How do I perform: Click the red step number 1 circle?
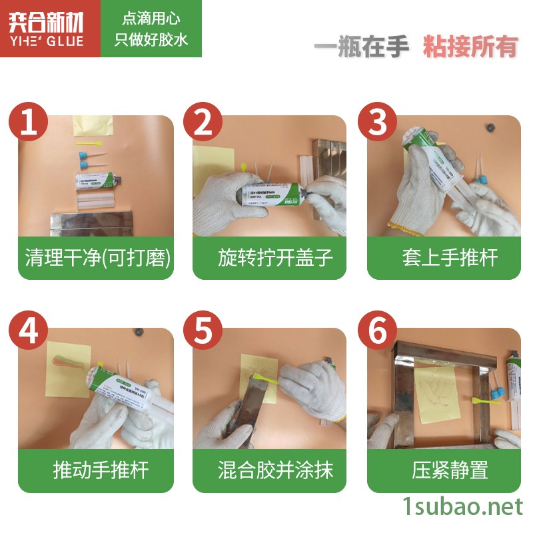28,122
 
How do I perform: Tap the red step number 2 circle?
203,122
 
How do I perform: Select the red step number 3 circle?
378,122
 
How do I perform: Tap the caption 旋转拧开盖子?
270,258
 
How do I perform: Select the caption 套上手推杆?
444,258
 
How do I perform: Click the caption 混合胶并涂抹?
270,470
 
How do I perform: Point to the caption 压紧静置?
444,470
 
